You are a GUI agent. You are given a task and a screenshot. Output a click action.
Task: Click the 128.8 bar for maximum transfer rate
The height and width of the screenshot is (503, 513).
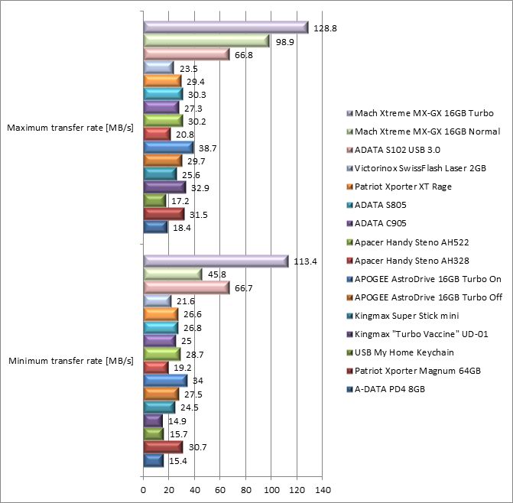click(225, 28)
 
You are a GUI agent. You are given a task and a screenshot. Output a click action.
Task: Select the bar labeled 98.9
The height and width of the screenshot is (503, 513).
click(206, 41)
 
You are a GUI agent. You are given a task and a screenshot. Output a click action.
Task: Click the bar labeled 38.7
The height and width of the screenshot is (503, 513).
click(167, 147)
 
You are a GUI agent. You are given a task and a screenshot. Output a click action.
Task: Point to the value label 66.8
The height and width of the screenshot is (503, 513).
click(244, 54)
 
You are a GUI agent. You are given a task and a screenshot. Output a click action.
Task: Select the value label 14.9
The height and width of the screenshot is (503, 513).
click(174, 420)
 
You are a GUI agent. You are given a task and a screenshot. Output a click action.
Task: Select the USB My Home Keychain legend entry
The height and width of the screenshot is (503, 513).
click(399, 352)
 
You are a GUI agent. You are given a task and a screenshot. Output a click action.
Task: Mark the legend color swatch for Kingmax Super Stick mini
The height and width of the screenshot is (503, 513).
click(349, 316)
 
